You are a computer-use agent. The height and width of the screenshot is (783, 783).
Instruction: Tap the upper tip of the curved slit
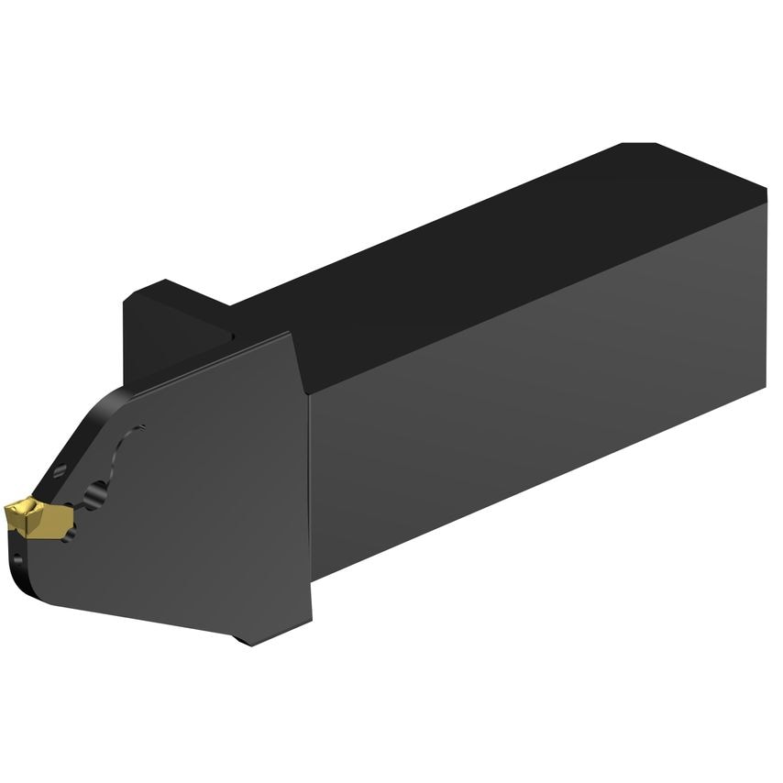tap(143, 426)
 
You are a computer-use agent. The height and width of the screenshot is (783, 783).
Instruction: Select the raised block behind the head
tap(165, 330)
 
